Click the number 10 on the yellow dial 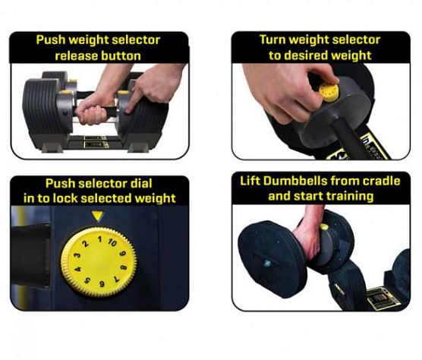tap(112, 242)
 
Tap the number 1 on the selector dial tap(99, 239)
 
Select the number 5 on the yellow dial tap(87, 280)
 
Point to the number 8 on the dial tap(124, 268)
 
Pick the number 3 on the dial tap(77, 255)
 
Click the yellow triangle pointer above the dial tap(97, 216)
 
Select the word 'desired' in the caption tap(306, 55)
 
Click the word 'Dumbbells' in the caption tap(294, 181)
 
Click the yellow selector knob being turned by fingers tap(329, 92)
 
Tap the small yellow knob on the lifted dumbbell tap(324, 227)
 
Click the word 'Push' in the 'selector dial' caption tap(60, 184)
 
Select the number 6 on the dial tap(102, 284)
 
